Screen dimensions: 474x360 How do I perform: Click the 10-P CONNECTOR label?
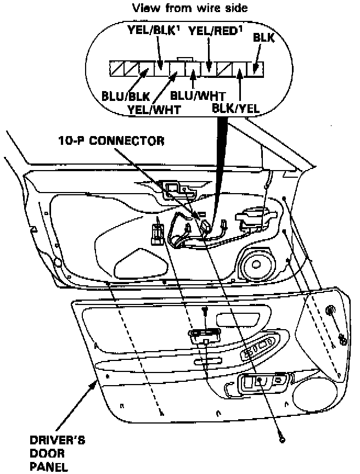click(x=111, y=140)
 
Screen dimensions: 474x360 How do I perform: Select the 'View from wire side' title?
click(x=178, y=9)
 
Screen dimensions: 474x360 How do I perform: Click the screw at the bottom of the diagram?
click(x=282, y=439)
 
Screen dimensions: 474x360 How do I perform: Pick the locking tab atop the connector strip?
click(x=185, y=59)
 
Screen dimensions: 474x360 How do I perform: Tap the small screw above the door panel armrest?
click(x=205, y=311)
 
